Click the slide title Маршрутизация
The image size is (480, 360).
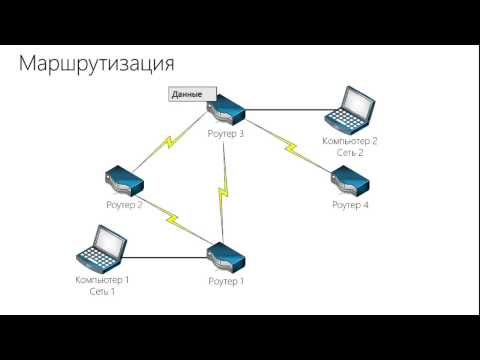pos(98,64)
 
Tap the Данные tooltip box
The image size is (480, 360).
pos(187,95)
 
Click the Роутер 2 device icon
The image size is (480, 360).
pos(124,181)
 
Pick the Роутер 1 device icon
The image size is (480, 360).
pos(227,258)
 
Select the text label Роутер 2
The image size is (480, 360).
pos(124,204)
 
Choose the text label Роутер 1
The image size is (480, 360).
pos(226,281)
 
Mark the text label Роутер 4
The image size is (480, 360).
pos(350,204)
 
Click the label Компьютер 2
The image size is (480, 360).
pos(350,141)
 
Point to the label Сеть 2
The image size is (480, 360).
pos(350,153)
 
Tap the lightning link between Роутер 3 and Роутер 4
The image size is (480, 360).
pos(293,149)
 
